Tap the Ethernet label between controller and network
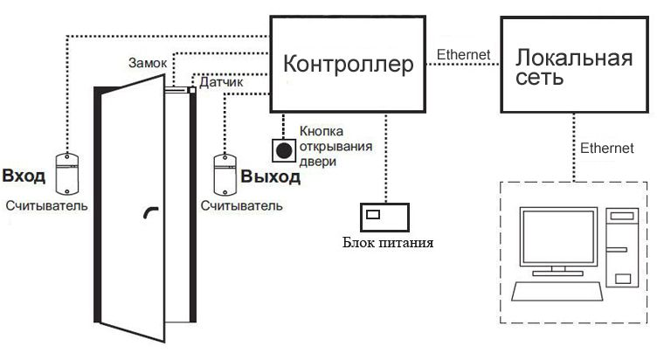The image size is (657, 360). coord(464,55)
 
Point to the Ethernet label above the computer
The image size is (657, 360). coord(606,149)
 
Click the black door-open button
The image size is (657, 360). coord(284,151)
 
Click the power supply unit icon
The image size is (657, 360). coord(385,214)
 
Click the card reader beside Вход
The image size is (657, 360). coord(67,172)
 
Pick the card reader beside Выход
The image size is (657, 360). coord(225,172)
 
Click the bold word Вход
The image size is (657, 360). coord(24,176)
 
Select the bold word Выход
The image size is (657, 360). coord(271,177)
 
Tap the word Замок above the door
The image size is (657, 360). coord(146,63)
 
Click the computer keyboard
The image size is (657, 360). coord(557,292)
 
